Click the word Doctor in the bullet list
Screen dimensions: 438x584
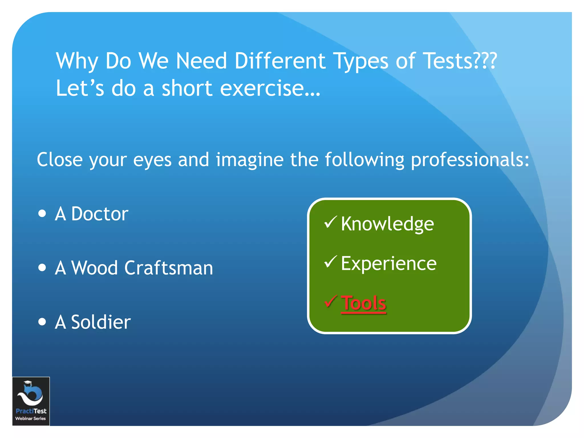(100, 214)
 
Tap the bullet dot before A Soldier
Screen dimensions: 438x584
(42, 322)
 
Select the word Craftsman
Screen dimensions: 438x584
(169, 268)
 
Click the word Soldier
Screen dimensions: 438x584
(101, 322)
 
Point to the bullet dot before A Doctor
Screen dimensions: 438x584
(42, 213)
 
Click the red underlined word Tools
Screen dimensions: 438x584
(364, 303)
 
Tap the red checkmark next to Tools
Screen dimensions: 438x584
(331, 301)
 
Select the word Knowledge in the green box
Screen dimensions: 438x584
(387, 224)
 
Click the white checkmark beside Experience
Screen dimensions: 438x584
(331, 262)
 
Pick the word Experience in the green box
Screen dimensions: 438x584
(389, 263)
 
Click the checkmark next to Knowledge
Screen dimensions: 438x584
(331, 222)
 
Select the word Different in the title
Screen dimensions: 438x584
(280, 61)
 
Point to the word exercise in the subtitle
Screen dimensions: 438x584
(270, 88)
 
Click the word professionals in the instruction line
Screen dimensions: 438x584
(470, 160)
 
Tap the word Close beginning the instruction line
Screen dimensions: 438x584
(60, 160)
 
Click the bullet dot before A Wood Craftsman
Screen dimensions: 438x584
(42, 267)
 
